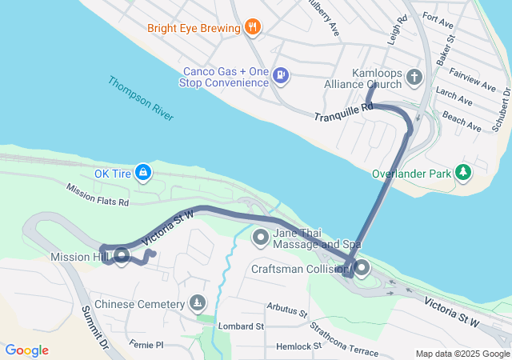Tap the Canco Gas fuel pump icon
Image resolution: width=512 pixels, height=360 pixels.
[280, 75]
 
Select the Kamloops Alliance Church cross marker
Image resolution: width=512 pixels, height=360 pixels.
[414, 77]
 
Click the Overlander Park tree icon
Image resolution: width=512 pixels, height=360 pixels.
[462, 172]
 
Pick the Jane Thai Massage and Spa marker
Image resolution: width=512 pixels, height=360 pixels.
[261, 237]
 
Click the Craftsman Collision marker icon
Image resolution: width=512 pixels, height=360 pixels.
[361, 269]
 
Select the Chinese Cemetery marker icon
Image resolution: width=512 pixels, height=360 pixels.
[197, 303]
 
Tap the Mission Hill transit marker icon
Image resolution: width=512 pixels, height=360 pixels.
[122, 256]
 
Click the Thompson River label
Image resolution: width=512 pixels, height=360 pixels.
[141, 99]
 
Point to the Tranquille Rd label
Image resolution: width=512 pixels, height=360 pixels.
[344, 111]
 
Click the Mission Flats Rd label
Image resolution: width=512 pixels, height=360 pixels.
[98, 196]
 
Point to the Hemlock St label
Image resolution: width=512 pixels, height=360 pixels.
[298, 346]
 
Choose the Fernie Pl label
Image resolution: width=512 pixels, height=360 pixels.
[146, 345]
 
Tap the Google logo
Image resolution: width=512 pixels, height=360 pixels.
[26, 350]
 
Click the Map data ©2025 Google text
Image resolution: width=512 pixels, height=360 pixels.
[462, 354]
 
